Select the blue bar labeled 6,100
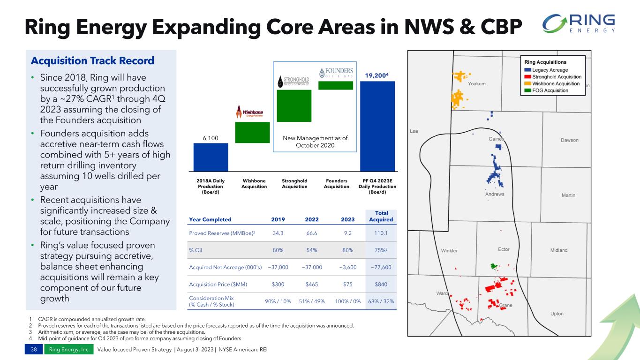click(x=211, y=157)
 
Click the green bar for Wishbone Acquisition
click(x=252, y=132)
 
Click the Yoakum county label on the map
click(x=477, y=84)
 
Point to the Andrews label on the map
click(x=495, y=194)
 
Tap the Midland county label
click(x=558, y=250)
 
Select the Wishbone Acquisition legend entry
click(x=553, y=83)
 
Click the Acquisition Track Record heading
click(x=92, y=61)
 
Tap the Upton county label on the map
click(x=557, y=314)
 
